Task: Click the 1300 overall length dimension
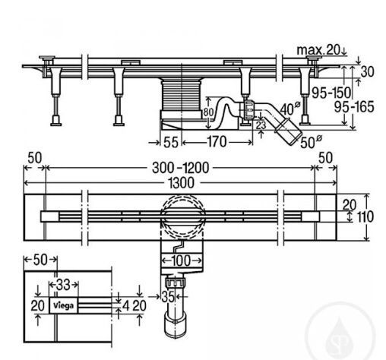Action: (x=182, y=183)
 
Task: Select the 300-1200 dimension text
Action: (x=180, y=168)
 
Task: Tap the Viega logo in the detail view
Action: (x=63, y=305)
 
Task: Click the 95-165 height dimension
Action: (x=354, y=107)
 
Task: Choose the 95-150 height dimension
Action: (x=331, y=93)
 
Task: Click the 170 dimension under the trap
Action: (x=217, y=142)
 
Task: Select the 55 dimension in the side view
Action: (x=171, y=142)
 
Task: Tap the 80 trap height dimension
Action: (x=208, y=112)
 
